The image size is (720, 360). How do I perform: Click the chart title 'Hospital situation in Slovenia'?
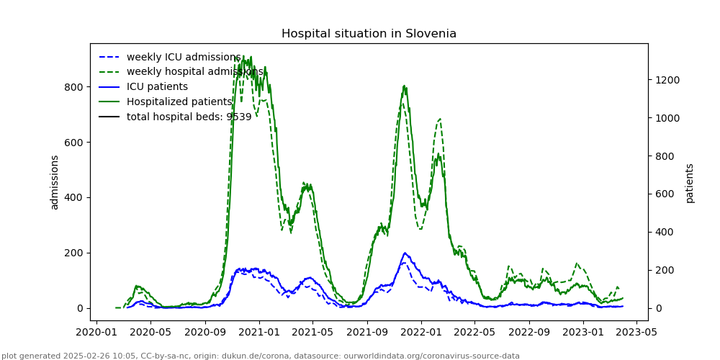coord(369,34)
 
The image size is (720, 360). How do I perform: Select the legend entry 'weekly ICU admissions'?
coord(183,58)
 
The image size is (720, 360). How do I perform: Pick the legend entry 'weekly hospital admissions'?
coord(194,72)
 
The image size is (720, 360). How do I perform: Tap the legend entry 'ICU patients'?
coord(157,87)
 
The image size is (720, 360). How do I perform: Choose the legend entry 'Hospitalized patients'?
coord(179,102)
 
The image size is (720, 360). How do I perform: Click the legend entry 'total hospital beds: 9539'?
coord(189,117)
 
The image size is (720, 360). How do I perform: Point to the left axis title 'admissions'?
coord(55,182)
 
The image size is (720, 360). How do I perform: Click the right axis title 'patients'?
coord(690,183)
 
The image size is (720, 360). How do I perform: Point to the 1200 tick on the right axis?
coord(666,80)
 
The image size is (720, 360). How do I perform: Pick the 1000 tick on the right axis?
coord(666,118)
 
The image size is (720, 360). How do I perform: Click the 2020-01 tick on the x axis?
coord(96,333)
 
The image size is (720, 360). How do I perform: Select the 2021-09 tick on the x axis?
coord(367,333)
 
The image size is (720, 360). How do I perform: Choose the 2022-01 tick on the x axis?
coord(421,333)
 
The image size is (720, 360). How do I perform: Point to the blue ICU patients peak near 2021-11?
coord(405,253)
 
